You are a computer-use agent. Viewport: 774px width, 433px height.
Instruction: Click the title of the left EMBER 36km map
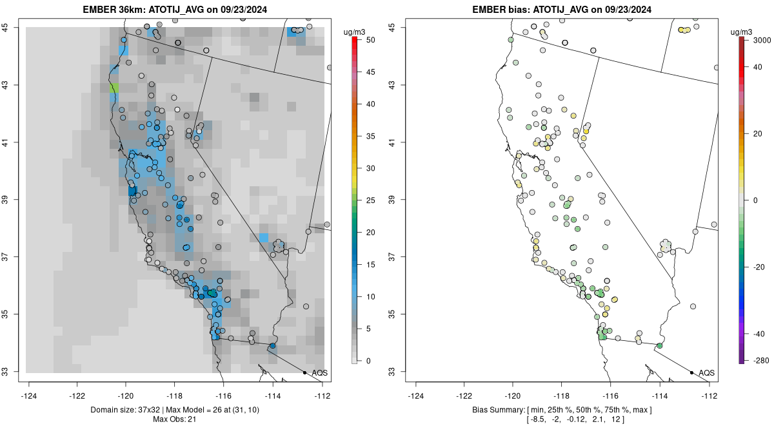click(176, 10)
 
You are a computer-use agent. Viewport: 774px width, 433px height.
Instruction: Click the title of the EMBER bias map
click(563, 10)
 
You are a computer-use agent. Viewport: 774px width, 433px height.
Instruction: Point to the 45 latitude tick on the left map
click(13, 27)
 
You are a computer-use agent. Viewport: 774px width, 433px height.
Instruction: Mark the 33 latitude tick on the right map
click(400, 372)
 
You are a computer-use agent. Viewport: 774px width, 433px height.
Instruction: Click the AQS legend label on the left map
click(319, 372)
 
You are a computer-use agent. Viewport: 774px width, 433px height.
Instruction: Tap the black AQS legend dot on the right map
click(691, 372)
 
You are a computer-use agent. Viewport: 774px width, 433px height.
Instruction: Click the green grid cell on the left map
click(114, 87)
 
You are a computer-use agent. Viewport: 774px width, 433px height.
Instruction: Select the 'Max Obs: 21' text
click(176, 419)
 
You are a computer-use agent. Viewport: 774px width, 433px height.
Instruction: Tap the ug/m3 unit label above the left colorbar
click(355, 30)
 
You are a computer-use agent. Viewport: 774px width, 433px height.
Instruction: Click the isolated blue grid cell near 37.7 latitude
click(263, 237)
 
